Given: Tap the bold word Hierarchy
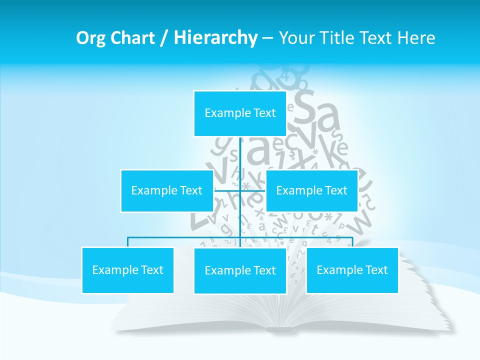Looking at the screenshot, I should tap(215, 38).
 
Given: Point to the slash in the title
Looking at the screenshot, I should tap(162, 38).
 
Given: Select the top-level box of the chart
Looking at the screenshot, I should tap(240, 113).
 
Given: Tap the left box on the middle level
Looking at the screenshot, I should tap(166, 191).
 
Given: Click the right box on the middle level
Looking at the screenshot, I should tap(311, 191).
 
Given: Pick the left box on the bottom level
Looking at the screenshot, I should tap(127, 270).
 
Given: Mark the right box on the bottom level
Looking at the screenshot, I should tap(352, 270).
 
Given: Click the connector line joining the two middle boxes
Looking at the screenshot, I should tap(240, 190).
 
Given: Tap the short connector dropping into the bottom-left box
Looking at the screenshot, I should tap(127, 242).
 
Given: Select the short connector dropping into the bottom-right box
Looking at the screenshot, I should tap(352, 242).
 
